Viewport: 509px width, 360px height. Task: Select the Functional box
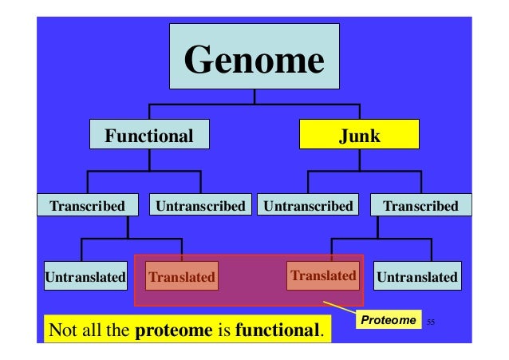coord(148,136)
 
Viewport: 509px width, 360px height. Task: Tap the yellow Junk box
coord(359,136)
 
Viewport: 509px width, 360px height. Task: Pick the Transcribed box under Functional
coord(87,206)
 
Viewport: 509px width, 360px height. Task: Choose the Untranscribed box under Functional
coord(200,206)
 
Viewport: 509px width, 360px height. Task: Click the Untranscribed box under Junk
coord(308,206)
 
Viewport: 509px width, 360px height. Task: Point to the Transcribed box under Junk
coord(420,206)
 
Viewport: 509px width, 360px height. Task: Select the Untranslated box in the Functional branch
coord(84,277)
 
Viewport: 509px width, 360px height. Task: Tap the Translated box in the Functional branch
coord(181,277)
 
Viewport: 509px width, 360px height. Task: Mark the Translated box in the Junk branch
coord(322,275)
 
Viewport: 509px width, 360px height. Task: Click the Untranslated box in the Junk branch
coord(417,277)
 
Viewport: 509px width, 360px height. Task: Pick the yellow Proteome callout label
coord(389,320)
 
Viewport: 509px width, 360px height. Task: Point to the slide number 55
coord(431,322)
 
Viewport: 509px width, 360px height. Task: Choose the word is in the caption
coord(223,330)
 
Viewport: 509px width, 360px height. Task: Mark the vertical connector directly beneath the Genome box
coord(254,97)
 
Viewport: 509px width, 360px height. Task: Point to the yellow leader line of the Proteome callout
coord(339,310)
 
